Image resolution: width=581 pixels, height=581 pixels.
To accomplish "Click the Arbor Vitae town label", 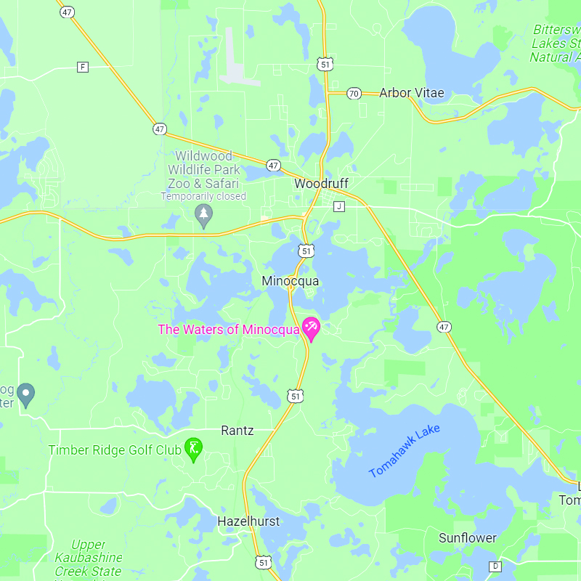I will (411, 93).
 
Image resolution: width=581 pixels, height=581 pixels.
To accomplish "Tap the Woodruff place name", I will (322, 184).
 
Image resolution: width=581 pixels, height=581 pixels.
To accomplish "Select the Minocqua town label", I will (290, 280).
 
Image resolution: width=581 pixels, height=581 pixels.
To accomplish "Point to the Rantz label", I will (237, 431).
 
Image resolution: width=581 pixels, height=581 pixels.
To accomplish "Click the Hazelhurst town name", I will (248, 521).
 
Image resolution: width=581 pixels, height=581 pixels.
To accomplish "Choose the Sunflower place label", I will (467, 538).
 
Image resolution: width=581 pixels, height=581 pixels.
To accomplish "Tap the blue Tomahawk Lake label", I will (405, 451).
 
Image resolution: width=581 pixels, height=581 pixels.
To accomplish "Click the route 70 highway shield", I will (354, 93).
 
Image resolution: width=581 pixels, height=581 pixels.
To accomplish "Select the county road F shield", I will (83, 68).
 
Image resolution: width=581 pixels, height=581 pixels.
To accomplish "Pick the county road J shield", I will (338, 206).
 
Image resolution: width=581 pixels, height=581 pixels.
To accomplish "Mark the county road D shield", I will (495, 566).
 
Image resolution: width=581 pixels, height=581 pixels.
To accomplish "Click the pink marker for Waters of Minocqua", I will (311, 328).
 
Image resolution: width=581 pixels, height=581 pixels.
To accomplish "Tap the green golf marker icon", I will (193, 449).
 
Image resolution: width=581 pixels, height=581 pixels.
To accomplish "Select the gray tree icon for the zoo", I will (204, 214).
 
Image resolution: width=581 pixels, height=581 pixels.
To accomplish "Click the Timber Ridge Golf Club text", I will (115, 450).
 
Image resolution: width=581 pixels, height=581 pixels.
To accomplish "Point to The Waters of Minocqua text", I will (229, 330).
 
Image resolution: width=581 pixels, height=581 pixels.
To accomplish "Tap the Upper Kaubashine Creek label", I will (89, 558).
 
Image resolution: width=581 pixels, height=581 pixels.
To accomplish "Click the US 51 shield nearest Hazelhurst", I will (262, 562).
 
